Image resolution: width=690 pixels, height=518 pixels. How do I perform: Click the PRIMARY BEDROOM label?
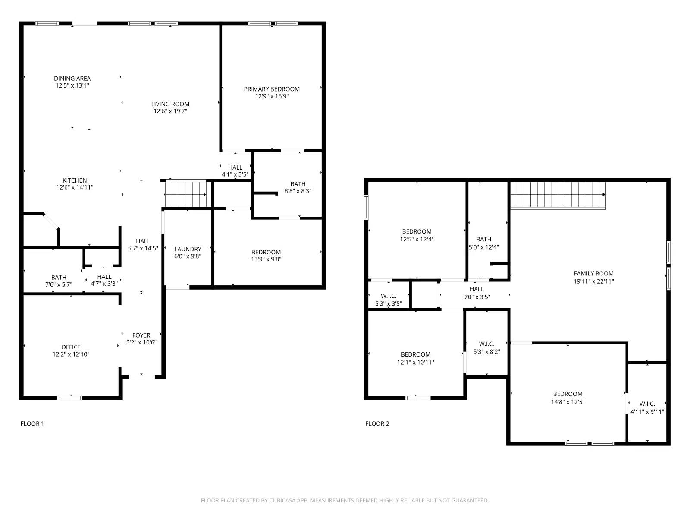click(x=272, y=89)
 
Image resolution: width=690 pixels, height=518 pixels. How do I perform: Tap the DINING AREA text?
click(x=72, y=78)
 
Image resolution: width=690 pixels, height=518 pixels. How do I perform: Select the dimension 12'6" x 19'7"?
click(x=170, y=111)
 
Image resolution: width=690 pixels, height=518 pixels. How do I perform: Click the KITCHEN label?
click(x=75, y=180)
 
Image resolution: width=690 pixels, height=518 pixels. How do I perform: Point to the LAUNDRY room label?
click(x=188, y=249)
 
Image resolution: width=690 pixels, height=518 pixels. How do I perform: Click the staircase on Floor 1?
click(x=186, y=194)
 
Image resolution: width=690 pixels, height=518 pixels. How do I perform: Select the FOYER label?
click(x=141, y=335)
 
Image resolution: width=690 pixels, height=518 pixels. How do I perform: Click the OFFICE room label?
click(x=71, y=347)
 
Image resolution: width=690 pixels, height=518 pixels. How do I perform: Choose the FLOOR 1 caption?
click(x=32, y=423)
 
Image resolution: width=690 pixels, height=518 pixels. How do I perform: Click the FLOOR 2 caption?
click(x=377, y=423)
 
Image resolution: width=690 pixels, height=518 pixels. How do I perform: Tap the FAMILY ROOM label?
click(x=593, y=273)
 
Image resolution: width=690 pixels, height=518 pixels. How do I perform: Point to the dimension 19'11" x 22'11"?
click(x=593, y=281)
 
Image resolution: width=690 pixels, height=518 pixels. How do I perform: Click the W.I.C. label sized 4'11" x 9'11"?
click(x=647, y=404)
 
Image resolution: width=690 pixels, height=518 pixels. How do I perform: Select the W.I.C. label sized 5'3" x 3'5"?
click(x=389, y=296)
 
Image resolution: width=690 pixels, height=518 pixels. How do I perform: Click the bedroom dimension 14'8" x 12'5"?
click(x=568, y=401)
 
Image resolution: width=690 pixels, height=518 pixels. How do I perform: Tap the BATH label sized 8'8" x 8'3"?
click(x=298, y=183)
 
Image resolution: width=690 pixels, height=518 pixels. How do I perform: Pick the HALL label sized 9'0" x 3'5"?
click(x=477, y=289)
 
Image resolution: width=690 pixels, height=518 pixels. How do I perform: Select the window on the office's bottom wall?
click(x=70, y=398)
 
